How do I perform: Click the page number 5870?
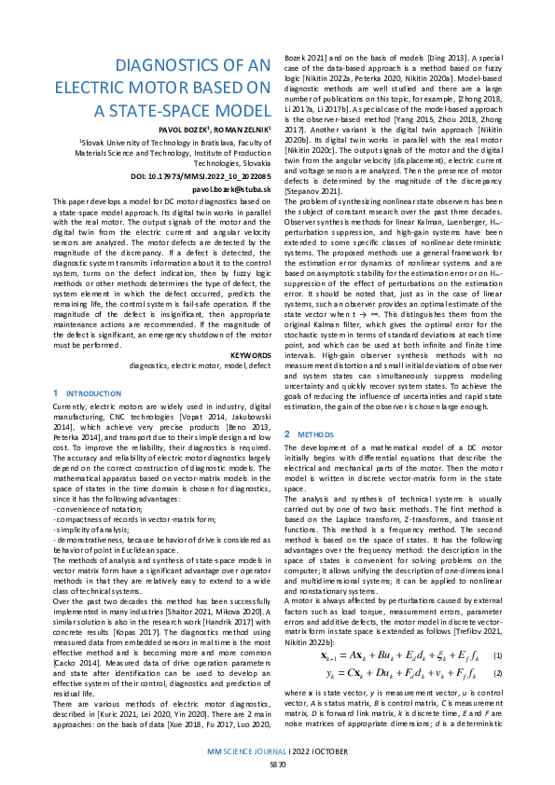point(277,764)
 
